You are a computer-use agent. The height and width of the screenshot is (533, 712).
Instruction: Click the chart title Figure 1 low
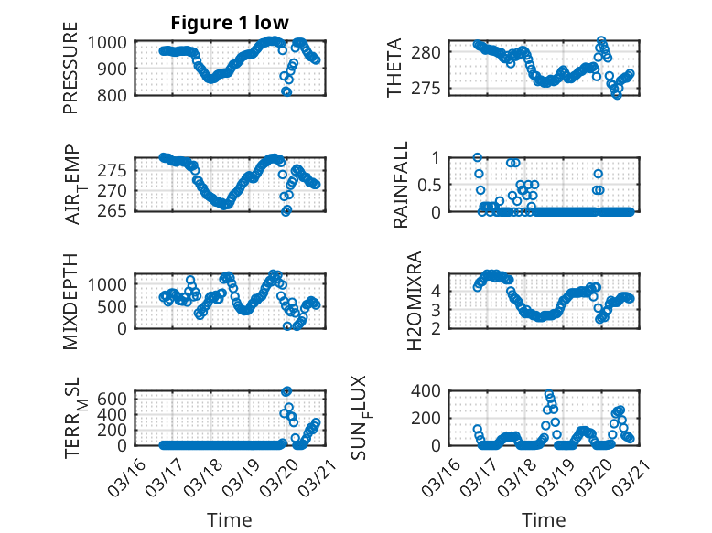(230, 23)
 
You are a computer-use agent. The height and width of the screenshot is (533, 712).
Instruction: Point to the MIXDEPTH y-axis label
(70, 300)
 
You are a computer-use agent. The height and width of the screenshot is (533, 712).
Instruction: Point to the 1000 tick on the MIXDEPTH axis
(109, 283)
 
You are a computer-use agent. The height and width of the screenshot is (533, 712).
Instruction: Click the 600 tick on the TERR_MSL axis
(113, 398)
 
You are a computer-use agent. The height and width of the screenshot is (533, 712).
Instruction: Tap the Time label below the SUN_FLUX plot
(544, 519)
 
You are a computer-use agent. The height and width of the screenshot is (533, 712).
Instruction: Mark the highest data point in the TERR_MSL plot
(286, 391)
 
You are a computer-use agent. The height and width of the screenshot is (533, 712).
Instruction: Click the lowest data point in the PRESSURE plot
(286, 92)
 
